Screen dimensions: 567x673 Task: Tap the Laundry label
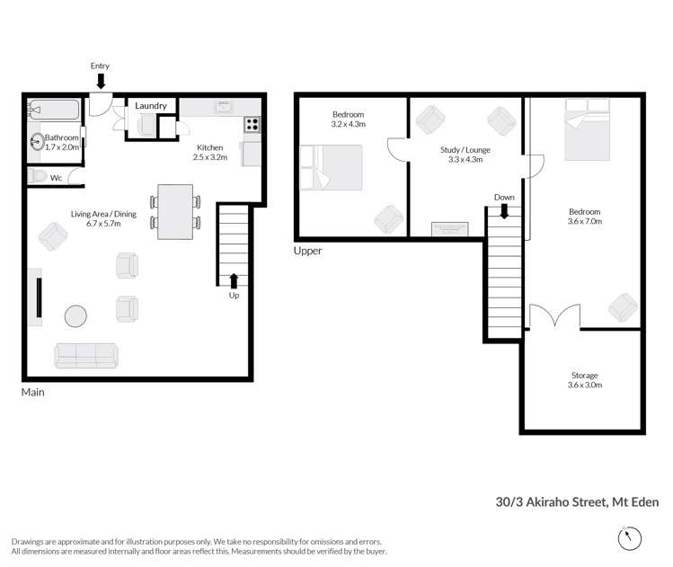click(151, 106)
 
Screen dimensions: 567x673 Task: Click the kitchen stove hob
click(252, 126)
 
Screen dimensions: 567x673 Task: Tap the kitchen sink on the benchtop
click(223, 107)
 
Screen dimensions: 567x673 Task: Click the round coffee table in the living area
click(75, 317)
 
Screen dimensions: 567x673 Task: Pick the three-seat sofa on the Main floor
click(85, 356)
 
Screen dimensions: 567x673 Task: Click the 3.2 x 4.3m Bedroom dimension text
click(348, 125)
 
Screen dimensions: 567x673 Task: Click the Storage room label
click(585, 375)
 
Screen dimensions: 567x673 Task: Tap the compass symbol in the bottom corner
click(631, 538)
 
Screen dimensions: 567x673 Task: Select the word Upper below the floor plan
click(307, 251)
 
